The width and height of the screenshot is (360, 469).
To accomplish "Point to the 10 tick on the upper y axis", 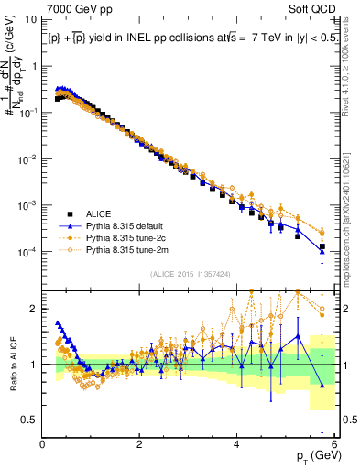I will pos(33,18).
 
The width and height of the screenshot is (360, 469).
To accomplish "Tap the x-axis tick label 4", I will pos(237,444).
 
